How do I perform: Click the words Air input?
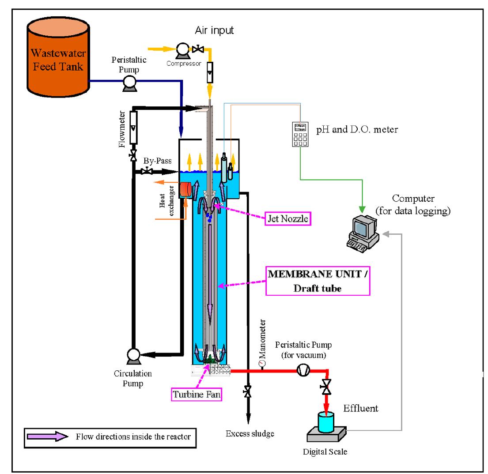tap(214, 30)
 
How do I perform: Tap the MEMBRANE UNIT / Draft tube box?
tap(317, 281)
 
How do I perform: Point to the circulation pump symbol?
tap(133, 354)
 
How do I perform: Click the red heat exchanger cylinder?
tap(185, 190)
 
